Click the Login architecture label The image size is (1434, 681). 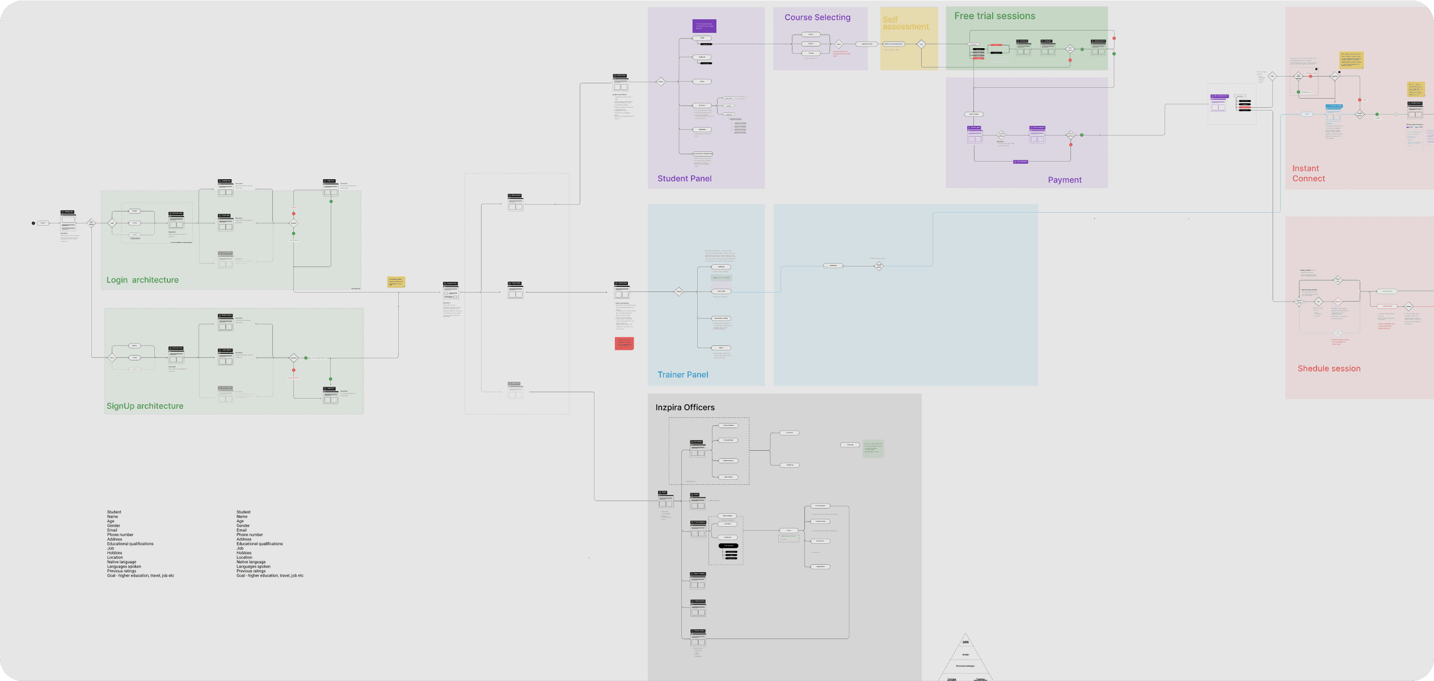pyautogui.click(x=142, y=280)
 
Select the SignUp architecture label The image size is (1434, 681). pyautogui.click(x=145, y=406)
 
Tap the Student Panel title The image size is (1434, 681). pyautogui.click(x=684, y=179)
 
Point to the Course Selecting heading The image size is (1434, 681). pyautogui.click(x=817, y=18)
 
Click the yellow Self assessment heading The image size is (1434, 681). pyautogui.click(x=905, y=23)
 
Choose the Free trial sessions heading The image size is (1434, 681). pyautogui.click(x=994, y=16)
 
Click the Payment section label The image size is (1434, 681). pyautogui.click(x=1064, y=180)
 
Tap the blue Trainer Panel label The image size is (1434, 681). pyautogui.click(x=682, y=375)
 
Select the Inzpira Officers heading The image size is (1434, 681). pyautogui.click(x=685, y=408)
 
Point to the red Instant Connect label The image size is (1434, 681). pyautogui.click(x=1308, y=174)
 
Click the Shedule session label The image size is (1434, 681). pyautogui.click(x=1328, y=369)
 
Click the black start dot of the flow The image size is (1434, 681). pyautogui.click(x=33, y=223)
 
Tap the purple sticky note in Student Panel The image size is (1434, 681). pyautogui.click(x=704, y=26)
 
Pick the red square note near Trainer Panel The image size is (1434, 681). pyautogui.click(x=624, y=343)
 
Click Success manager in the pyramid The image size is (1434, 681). pyautogui.click(x=965, y=666)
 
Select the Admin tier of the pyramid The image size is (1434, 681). pyautogui.click(x=965, y=654)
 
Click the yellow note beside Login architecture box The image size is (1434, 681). pyautogui.click(x=396, y=282)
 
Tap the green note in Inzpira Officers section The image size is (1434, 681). pyautogui.click(x=873, y=449)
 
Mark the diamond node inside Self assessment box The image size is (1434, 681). pyautogui.click(x=921, y=44)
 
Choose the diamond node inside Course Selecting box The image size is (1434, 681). pyautogui.click(x=838, y=44)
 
